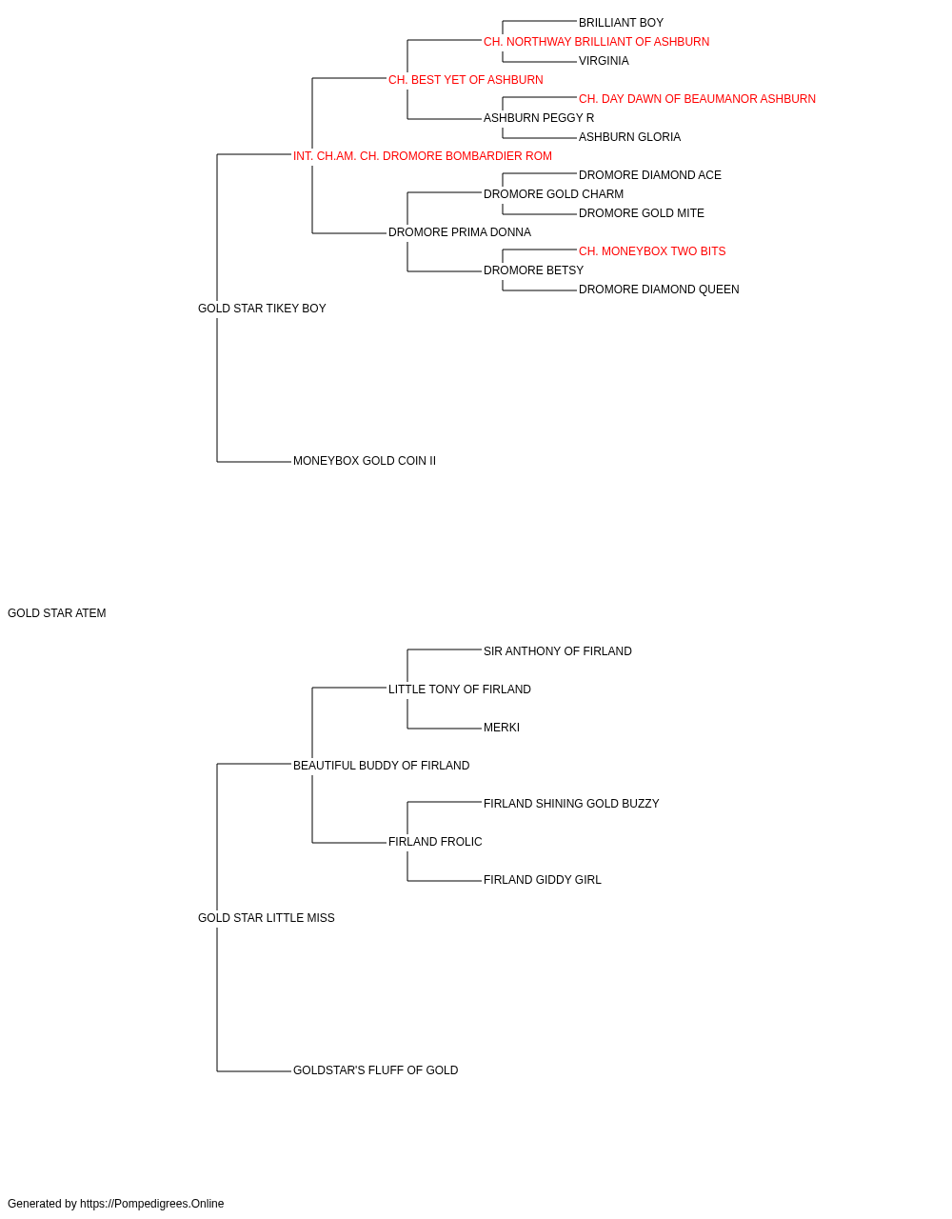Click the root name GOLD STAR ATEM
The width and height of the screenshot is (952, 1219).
pos(56,613)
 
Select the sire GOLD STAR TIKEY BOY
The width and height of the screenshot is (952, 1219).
pos(262,309)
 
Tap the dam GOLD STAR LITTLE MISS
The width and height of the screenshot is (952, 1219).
pos(267,918)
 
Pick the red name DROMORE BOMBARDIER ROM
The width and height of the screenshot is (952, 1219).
pos(422,156)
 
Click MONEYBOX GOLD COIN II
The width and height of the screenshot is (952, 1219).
pos(365,461)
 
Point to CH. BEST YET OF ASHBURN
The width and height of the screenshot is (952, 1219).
pos(466,80)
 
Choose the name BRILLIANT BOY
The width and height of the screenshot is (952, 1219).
pos(622,23)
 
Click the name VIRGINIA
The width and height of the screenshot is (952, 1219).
pos(604,61)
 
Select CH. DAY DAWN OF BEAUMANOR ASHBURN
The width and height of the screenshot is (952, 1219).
pos(697,99)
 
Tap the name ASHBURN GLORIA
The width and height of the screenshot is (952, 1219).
pos(629,137)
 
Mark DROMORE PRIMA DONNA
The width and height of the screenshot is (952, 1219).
pos(460,232)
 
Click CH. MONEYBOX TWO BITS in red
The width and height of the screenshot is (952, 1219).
pos(652,251)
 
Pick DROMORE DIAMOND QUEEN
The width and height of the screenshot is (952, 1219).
pos(659,290)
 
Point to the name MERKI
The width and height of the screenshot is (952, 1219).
pos(502,728)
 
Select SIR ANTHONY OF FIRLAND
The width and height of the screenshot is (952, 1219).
pos(558,651)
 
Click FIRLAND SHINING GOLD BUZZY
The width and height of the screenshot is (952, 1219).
pos(571,804)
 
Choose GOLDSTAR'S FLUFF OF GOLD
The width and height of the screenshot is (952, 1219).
pos(376,1070)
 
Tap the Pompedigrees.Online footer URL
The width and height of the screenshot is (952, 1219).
pos(152,1204)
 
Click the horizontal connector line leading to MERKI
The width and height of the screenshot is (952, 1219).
pos(445,729)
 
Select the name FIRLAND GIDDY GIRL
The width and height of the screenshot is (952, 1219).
pos(542,880)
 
